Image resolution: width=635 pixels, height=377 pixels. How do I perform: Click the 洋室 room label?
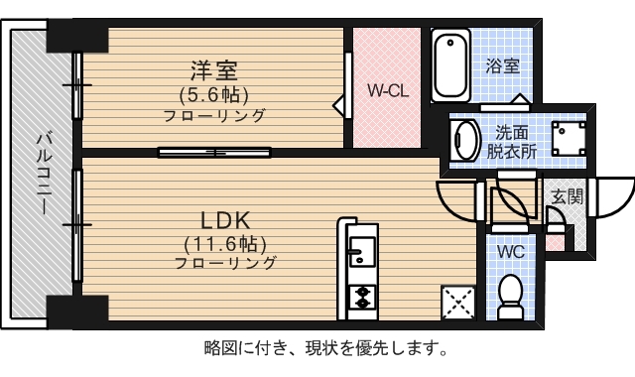click(214, 71)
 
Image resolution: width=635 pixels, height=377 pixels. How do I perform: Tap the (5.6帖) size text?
click(214, 94)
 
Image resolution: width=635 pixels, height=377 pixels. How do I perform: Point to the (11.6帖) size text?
click(225, 242)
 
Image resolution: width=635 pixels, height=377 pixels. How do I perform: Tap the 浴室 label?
click(503, 66)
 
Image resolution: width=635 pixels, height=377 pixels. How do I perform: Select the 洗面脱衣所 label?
click(511, 143)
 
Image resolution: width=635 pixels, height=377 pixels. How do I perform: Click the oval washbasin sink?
click(465, 141)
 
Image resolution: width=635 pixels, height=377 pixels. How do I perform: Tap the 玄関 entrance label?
click(568, 196)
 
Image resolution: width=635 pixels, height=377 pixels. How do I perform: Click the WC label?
click(510, 251)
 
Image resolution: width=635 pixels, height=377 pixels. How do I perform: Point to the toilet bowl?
click(510, 296)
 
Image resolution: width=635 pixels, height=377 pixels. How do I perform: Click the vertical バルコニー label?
click(43, 176)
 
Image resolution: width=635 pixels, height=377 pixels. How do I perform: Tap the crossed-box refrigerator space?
click(458, 302)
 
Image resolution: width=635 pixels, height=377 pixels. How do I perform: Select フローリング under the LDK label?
click(225, 264)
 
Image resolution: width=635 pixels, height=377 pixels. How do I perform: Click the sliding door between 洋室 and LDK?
click(213, 152)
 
